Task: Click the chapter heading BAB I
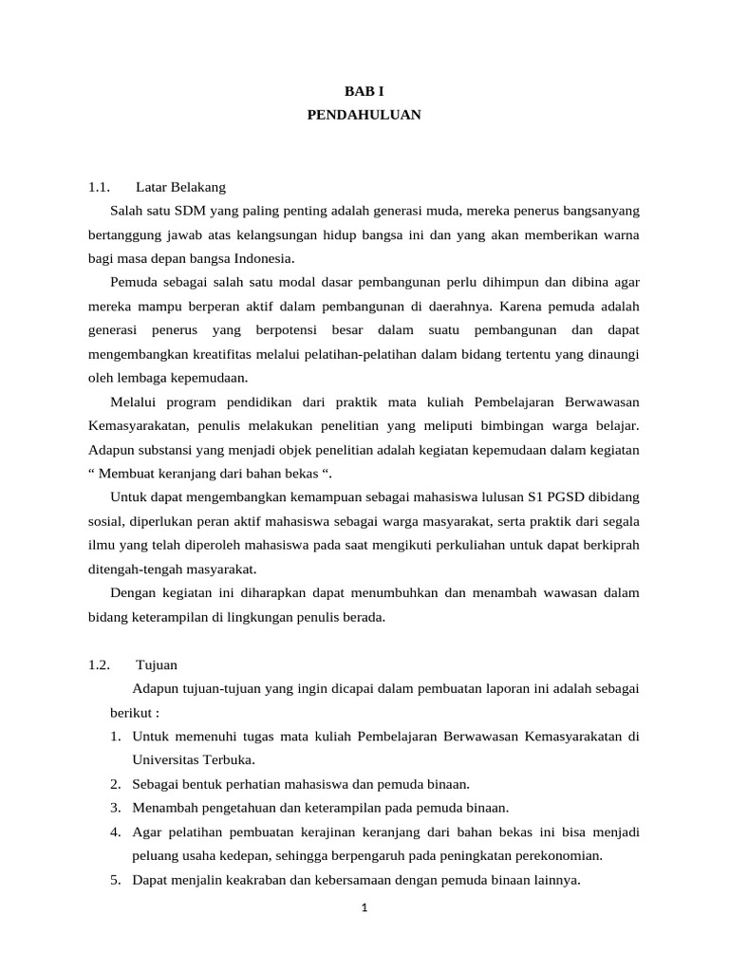(x=364, y=90)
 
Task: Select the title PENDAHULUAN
(x=364, y=115)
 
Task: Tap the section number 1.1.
(x=100, y=186)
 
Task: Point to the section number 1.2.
(x=100, y=664)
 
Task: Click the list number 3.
(x=114, y=808)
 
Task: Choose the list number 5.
(x=114, y=880)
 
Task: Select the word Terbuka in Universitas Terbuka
(x=231, y=760)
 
